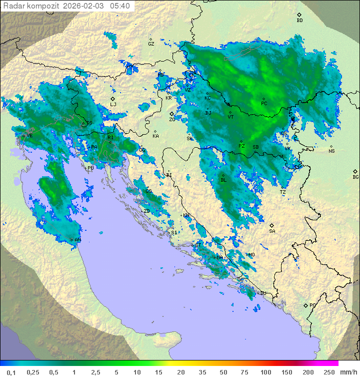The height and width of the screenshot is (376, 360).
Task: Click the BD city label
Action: point(299,21)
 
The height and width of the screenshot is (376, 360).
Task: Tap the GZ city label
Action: point(151,44)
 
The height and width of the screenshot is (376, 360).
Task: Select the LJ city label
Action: point(113,105)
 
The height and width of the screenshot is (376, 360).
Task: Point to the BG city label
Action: point(355,177)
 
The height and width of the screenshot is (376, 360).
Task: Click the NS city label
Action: point(331,151)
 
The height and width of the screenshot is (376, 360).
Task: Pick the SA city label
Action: point(272,231)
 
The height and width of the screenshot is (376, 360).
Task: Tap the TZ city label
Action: point(283,192)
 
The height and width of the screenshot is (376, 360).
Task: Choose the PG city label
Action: point(312,305)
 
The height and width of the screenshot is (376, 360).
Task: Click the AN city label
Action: point(78,240)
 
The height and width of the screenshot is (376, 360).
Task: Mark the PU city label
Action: point(90,168)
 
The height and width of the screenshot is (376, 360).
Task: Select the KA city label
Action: point(155,136)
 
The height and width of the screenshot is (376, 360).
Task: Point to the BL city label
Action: point(223,180)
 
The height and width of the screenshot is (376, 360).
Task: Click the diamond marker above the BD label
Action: point(299,15)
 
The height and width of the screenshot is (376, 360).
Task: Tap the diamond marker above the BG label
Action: point(355,171)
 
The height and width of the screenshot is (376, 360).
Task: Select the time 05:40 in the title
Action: point(120,6)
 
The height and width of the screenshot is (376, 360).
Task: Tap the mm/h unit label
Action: point(348,372)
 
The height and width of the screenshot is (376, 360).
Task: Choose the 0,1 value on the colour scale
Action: point(10,372)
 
